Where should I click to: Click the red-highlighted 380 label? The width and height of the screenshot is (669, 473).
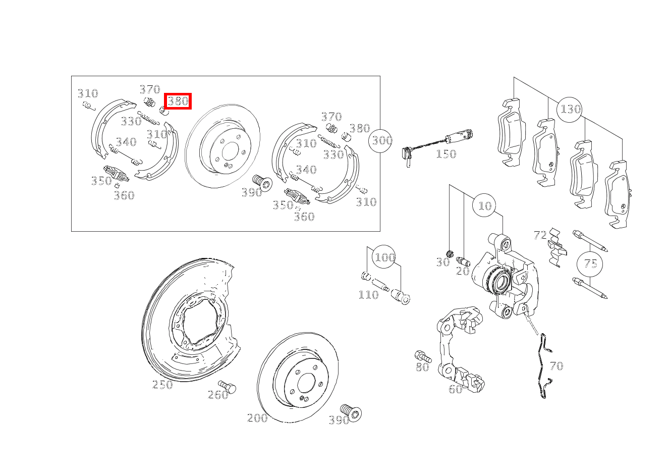(x=178, y=101)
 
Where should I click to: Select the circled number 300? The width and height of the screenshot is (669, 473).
(x=380, y=140)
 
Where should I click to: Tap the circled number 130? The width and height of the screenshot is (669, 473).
(x=570, y=110)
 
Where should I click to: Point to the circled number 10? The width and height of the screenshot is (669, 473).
(x=484, y=205)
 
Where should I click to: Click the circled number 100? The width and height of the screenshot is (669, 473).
(x=384, y=257)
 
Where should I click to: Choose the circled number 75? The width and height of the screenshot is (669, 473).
(x=590, y=264)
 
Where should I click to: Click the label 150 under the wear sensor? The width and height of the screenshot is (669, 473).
(x=446, y=154)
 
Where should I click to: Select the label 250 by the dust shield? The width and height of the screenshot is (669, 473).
(x=162, y=384)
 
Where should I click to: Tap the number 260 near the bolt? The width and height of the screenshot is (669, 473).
(x=218, y=395)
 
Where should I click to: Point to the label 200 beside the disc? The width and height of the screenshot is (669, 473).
(x=257, y=417)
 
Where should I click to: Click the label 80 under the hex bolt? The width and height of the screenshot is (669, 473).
(x=422, y=367)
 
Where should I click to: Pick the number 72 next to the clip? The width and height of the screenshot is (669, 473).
(x=540, y=235)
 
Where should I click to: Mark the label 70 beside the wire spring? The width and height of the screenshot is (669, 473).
(x=556, y=366)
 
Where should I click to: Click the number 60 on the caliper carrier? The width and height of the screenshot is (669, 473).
(x=455, y=389)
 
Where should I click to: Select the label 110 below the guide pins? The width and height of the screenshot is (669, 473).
(x=368, y=295)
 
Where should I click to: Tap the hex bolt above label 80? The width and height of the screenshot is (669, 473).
(x=423, y=356)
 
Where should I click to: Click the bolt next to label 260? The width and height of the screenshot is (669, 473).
(x=227, y=387)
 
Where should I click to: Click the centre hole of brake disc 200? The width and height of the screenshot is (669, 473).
(x=306, y=383)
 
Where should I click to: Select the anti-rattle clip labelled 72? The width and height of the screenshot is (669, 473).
(x=556, y=247)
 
